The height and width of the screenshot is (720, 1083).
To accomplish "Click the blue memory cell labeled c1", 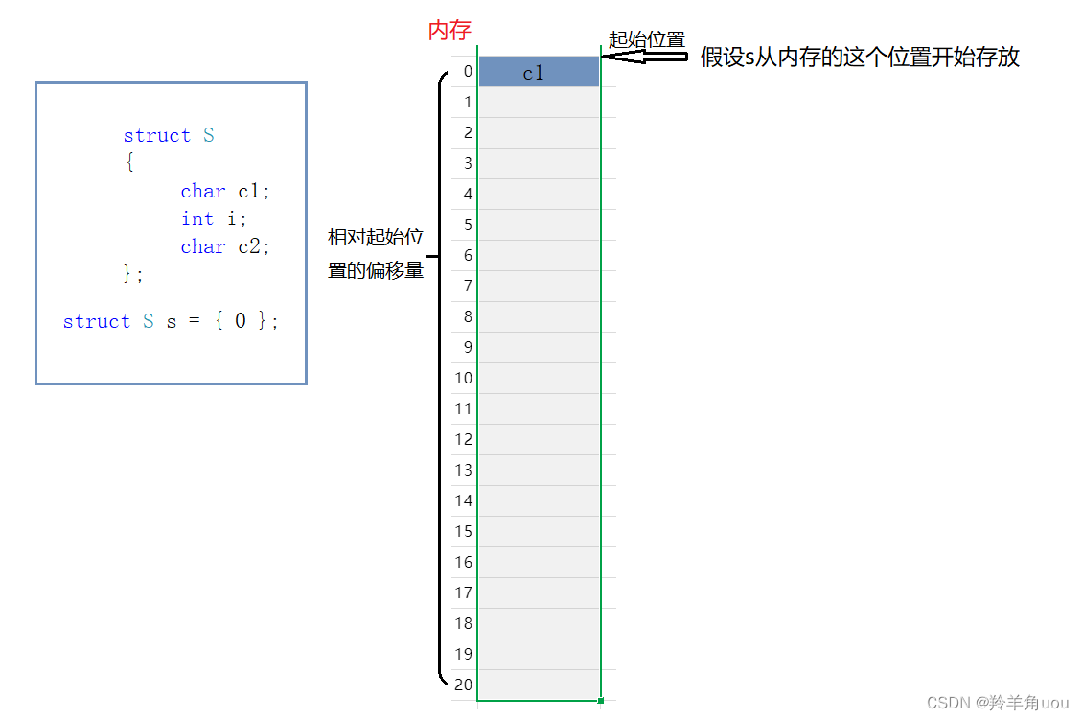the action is click(539, 72).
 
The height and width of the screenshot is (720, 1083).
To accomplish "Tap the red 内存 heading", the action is click(449, 31).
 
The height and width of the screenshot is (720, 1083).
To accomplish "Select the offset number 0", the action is click(467, 72).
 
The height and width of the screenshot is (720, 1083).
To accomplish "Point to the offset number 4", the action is click(467, 194).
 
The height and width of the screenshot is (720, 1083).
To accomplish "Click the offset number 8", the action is click(467, 316).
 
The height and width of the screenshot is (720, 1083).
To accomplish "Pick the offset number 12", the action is click(464, 439).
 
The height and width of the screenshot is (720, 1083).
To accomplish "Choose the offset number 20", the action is click(464, 685).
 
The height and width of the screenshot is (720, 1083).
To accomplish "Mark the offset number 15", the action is click(464, 531).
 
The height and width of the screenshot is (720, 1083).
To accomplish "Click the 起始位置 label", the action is click(647, 40).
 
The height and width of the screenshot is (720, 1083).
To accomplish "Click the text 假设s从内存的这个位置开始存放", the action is click(860, 58).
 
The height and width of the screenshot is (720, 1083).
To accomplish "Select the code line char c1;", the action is click(226, 192).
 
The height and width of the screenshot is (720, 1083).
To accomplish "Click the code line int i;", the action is click(215, 220).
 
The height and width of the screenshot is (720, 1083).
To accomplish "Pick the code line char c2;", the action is click(226, 247).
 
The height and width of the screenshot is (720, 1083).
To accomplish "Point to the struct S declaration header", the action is click(169, 136).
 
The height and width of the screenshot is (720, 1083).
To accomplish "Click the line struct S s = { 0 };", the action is click(171, 322).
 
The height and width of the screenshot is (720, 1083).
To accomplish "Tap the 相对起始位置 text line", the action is click(376, 238).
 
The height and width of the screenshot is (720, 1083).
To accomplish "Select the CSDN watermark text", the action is click(998, 703).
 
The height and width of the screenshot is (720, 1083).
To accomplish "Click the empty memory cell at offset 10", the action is click(539, 378).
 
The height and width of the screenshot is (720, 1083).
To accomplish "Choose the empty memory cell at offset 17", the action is click(539, 592).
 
